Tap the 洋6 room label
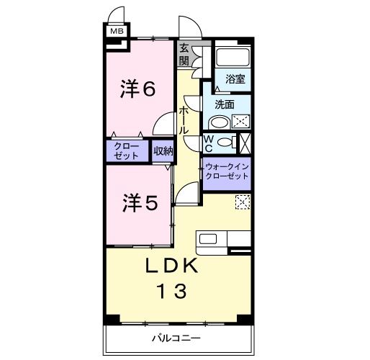(138, 89)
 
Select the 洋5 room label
(138, 204)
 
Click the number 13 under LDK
(172, 292)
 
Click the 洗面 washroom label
(224, 104)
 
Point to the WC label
(207, 143)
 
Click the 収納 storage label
(163, 151)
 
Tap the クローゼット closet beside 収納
(127, 150)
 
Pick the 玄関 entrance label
(184, 55)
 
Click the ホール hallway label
(184, 120)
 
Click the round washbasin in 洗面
(220, 122)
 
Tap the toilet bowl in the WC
(225, 143)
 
